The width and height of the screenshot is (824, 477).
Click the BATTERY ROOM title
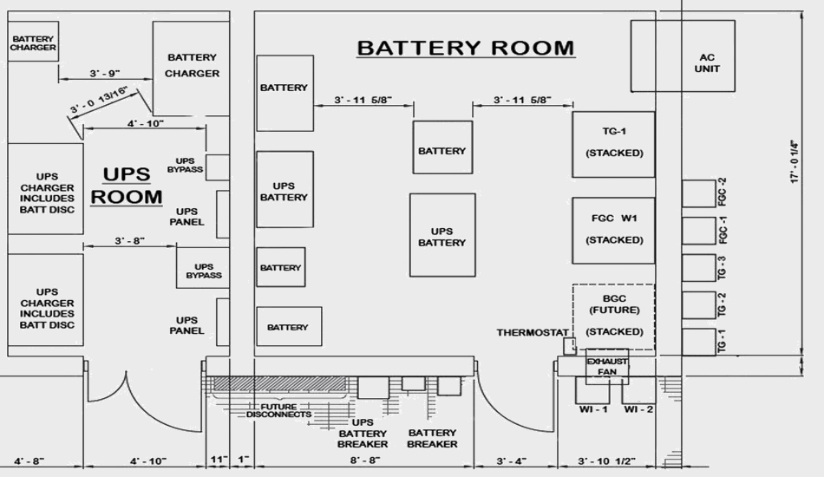pos(465,47)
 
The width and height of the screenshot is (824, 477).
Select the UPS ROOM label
pos(127,186)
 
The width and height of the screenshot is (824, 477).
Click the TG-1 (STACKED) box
pos(613,143)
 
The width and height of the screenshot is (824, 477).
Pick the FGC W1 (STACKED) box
pos(613,230)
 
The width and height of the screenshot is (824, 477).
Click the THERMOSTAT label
pos(533,332)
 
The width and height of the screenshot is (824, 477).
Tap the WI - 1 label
pos(593,408)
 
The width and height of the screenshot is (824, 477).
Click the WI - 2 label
pos(639,408)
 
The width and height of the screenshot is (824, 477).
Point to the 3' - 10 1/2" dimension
pos(607,461)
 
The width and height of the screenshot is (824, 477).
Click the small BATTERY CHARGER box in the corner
pos(33,42)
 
